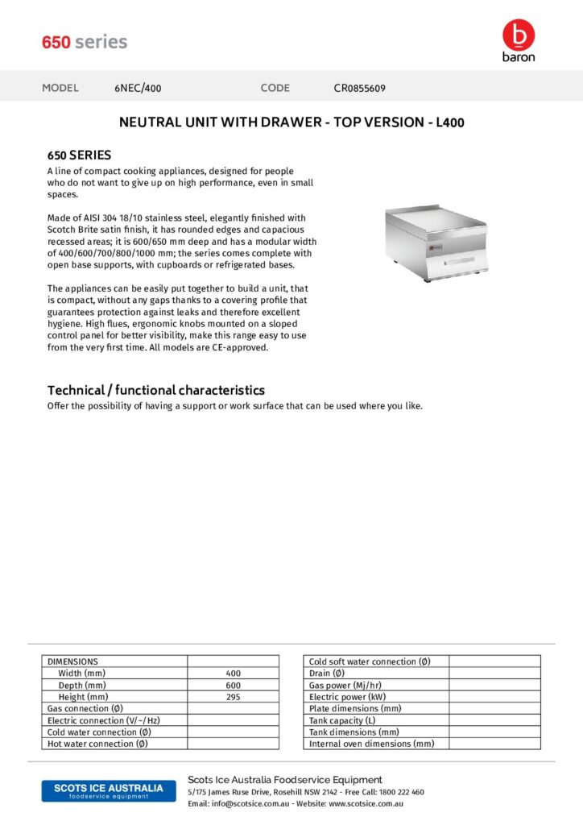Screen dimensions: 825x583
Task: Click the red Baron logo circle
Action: [x=518, y=35]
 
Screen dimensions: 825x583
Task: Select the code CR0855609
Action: [x=359, y=88]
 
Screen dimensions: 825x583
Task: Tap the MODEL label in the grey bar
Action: [x=60, y=88]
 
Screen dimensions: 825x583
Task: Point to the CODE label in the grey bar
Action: [x=275, y=88]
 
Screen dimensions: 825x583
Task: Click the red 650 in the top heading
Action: [x=56, y=42]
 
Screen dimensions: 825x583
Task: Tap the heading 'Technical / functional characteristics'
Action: [x=155, y=390]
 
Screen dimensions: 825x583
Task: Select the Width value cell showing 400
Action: [x=233, y=674]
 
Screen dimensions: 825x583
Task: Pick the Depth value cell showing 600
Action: [x=233, y=685]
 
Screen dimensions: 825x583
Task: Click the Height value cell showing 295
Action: [x=233, y=697]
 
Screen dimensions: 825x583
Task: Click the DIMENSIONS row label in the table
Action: [x=72, y=661]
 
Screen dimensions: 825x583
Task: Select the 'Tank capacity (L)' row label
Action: [x=342, y=720]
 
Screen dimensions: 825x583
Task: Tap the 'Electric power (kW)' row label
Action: [x=347, y=697]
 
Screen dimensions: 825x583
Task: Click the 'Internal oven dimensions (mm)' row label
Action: [x=371, y=744]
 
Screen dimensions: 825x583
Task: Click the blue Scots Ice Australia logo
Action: [x=108, y=790]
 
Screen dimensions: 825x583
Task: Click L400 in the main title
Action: [x=449, y=123]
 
